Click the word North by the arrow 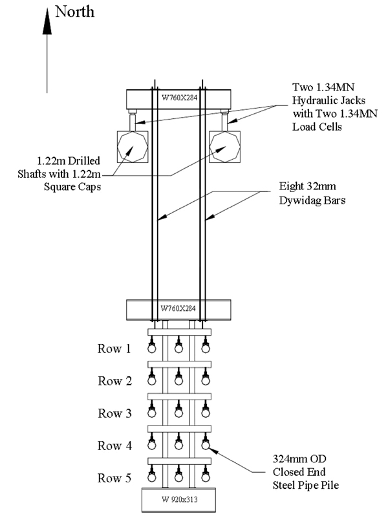[75, 12]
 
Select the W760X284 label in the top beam [179, 98]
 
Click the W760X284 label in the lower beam [178, 308]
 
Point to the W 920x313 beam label [180, 499]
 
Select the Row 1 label [114, 349]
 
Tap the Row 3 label [114, 413]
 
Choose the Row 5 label [114, 478]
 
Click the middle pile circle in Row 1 [178, 348]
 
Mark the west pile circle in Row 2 [152, 380]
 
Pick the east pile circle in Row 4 [206, 445]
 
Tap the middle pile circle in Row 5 [178, 477]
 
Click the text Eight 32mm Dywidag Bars [312, 193]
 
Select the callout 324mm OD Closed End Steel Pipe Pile [305, 471]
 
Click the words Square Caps [72, 187]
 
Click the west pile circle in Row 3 [152, 413]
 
